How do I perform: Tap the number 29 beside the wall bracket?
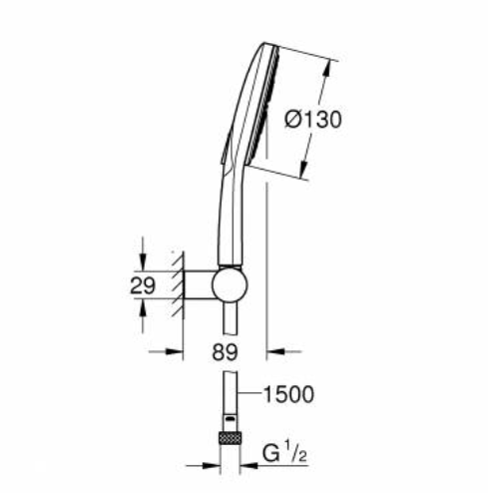tap(144, 285)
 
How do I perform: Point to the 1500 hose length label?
tap(289, 394)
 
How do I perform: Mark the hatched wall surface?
tap(178, 284)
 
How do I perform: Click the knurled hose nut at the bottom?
tap(231, 438)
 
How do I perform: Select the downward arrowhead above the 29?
tap(144, 261)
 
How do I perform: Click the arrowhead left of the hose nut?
tap(213, 463)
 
